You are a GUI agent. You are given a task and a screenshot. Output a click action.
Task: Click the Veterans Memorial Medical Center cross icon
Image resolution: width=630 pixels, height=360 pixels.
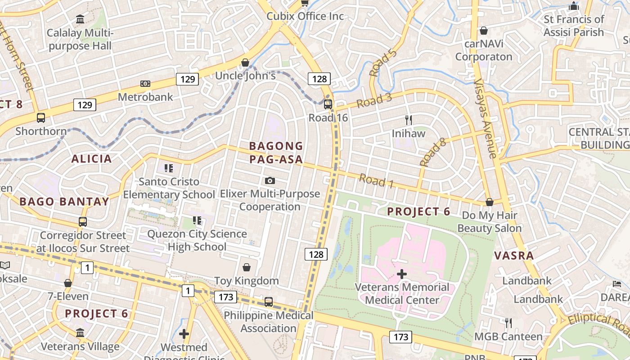pos(402,274)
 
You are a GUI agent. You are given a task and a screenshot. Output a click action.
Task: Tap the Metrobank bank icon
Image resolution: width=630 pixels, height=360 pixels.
pos(145,84)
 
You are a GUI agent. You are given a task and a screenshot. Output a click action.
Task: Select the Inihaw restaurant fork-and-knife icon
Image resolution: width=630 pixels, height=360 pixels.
pos(409,120)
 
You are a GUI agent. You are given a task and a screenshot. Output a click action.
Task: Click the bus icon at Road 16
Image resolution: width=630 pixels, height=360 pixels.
pos(328,104)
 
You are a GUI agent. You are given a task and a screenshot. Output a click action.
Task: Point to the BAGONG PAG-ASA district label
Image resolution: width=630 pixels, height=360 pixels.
pos(276,153)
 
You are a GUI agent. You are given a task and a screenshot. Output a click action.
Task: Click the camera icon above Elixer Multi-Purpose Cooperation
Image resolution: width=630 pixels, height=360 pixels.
pos(270,180)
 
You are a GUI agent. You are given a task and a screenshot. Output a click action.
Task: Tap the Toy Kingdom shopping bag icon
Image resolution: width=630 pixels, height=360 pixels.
pos(247,267)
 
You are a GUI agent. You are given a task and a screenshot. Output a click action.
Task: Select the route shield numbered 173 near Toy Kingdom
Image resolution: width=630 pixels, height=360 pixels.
pos(225,297)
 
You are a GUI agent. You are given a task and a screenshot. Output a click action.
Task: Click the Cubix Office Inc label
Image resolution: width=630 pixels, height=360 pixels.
pos(305,16)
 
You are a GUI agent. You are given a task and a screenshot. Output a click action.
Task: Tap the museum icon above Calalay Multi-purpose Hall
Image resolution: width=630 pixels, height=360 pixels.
pos(80,19)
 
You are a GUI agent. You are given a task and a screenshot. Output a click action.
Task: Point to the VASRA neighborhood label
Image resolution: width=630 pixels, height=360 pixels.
pos(514,256)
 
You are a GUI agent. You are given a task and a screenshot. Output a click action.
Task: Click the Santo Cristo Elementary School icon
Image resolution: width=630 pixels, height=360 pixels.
pos(169,168)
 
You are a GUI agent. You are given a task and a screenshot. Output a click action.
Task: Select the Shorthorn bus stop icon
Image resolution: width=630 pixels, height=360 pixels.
pos(41,118)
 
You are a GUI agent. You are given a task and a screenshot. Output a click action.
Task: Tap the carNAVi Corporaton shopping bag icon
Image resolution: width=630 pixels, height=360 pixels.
pos(484,31)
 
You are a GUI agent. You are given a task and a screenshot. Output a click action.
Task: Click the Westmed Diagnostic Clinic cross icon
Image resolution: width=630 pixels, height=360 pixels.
pos(184,334)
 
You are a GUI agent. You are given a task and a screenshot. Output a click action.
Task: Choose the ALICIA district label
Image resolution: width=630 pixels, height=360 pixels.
pos(91,158)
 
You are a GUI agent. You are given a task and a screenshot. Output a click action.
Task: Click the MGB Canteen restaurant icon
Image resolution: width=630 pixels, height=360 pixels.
pos(508,323)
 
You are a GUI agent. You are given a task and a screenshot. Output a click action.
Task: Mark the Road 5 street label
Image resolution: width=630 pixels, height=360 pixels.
pos(383,63)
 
